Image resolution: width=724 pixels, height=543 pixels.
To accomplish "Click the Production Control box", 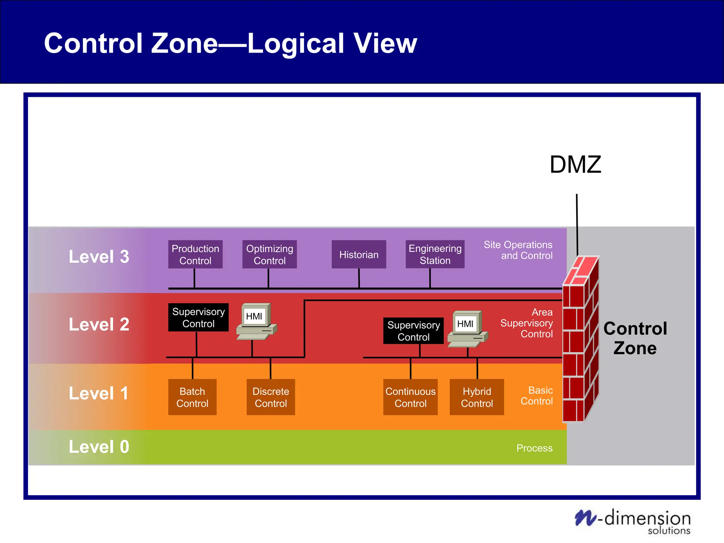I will [x=195, y=255].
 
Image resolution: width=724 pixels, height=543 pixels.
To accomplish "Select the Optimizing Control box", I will [x=269, y=255].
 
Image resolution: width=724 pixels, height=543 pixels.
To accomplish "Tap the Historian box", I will [x=358, y=255].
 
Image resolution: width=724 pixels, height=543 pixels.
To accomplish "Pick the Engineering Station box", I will [x=435, y=255].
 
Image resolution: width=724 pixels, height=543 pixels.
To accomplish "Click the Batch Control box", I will [x=192, y=397].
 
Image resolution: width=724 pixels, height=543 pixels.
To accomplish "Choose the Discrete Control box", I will [x=271, y=397].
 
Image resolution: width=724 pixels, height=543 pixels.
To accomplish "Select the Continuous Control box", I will [x=410, y=397].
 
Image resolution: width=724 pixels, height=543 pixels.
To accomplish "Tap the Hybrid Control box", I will [x=477, y=397].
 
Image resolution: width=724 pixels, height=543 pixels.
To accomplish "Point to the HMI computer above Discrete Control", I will [x=256, y=321].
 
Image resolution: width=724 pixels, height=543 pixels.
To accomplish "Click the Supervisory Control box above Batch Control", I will [x=198, y=317].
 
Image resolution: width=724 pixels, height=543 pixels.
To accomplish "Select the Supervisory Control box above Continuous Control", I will [x=413, y=331].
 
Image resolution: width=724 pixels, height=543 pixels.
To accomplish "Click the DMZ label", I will [x=575, y=165].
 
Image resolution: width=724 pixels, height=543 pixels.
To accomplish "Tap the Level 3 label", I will [x=99, y=257].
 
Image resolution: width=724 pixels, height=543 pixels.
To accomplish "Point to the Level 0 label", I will [x=99, y=447].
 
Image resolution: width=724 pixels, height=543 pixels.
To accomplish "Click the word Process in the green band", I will [x=534, y=448].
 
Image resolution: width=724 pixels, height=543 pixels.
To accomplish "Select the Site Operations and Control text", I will [x=518, y=250].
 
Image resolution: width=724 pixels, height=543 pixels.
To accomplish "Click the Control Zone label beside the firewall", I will [x=635, y=338].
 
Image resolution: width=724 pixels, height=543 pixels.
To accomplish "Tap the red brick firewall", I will [x=580, y=339].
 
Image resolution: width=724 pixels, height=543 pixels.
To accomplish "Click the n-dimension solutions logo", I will [x=633, y=521].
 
